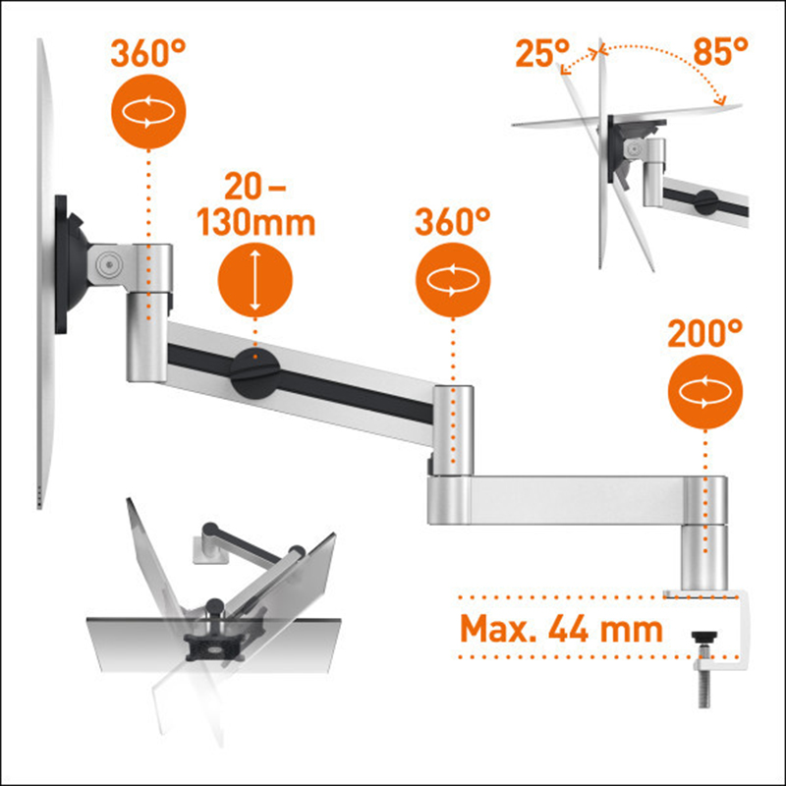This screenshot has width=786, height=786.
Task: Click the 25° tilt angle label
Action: (x=543, y=53)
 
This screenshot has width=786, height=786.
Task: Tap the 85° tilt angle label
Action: (x=720, y=52)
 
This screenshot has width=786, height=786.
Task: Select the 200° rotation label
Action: (x=704, y=333)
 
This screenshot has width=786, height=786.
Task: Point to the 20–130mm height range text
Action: (x=255, y=205)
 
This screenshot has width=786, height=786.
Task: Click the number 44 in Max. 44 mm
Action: (x=568, y=629)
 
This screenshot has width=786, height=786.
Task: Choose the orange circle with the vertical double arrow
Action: (x=255, y=280)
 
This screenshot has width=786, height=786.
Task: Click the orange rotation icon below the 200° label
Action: (x=705, y=391)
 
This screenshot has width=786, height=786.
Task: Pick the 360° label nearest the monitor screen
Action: (x=148, y=53)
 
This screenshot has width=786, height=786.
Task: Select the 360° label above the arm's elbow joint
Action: (x=453, y=222)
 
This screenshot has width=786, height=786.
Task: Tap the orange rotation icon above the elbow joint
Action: (x=453, y=280)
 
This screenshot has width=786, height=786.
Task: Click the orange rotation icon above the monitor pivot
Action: (x=148, y=111)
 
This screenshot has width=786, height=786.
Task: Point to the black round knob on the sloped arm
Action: (x=255, y=373)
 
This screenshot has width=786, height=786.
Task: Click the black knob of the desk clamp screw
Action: (x=704, y=637)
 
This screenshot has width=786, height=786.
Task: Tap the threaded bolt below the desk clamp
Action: (x=704, y=688)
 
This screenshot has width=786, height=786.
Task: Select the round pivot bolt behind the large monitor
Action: (x=109, y=263)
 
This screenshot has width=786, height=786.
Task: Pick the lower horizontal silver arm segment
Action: (x=577, y=500)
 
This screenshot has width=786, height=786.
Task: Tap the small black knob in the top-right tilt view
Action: (x=705, y=202)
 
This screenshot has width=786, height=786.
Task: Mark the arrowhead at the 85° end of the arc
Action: (x=722, y=101)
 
